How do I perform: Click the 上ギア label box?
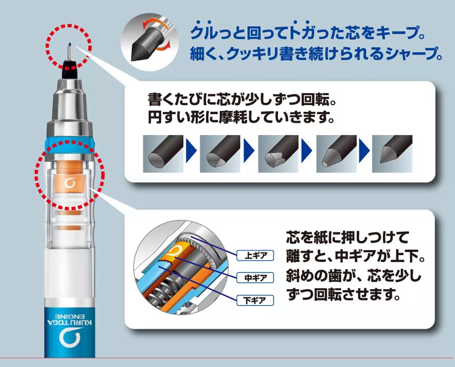[255, 256]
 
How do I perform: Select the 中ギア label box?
[255, 278]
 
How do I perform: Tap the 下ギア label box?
[255, 301]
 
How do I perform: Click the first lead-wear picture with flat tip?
[163, 153]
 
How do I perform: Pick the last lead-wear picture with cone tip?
[392, 153]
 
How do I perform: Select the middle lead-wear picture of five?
[278, 153]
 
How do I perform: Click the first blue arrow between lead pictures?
[191, 151]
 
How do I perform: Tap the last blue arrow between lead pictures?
[364, 151]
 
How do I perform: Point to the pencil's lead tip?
[69, 45]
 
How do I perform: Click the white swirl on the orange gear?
[69, 183]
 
